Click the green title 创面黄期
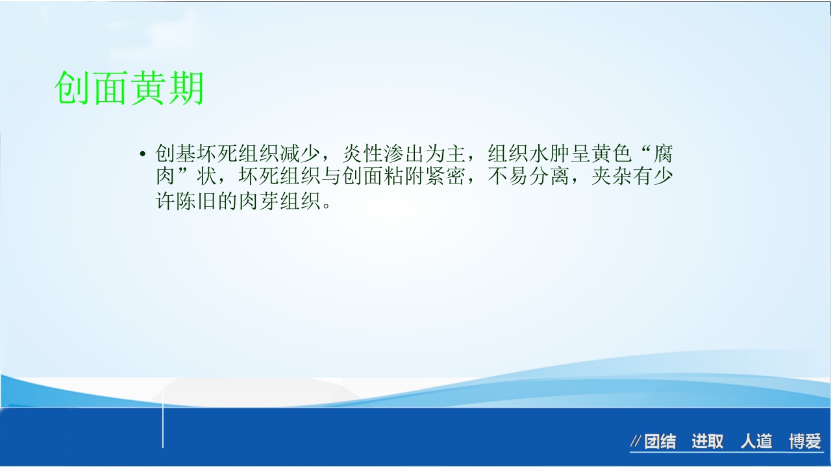pyautogui.click(x=129, y=88)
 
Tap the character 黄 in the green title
pyautogui.click(x=148, y=88)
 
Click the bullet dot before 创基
pyautogui.click(x=142, y=154)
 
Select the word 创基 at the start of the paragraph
pyautogui.click(x=176, y=154)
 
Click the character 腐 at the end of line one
pyautogui.click(x=663, y=154)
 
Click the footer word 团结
pyautogui.click(x=660, y=442)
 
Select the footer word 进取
pyautogui.click(x=707, y=442)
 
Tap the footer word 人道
pyautogui.click(x=756, y=442)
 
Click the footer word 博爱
pyautogui.click(x=805, y=442)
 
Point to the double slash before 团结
pyautogui.click(x=636, y=442)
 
